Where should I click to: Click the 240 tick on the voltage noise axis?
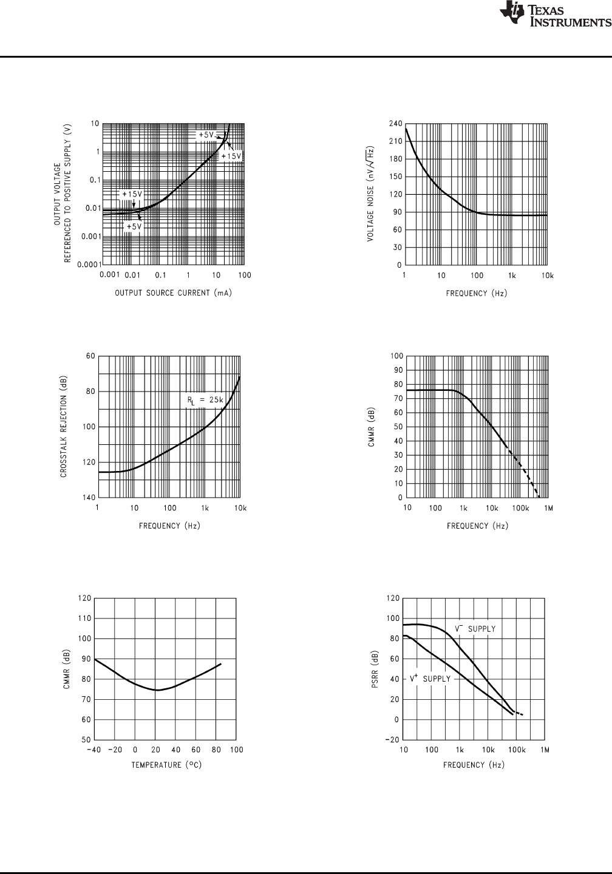395,123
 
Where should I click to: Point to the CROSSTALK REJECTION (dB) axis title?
64,427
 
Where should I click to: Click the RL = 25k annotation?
205,401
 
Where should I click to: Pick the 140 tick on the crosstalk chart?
89,497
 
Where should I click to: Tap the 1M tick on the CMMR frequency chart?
548,507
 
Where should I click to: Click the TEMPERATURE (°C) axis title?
166,765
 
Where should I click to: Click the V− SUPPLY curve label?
475,629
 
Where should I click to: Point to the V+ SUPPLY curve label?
430,679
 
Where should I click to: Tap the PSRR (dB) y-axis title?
376,669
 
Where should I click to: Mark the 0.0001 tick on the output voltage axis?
87,265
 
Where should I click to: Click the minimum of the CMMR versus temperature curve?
157,690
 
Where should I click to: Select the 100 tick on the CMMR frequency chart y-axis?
396,356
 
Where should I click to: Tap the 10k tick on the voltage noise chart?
548,276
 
